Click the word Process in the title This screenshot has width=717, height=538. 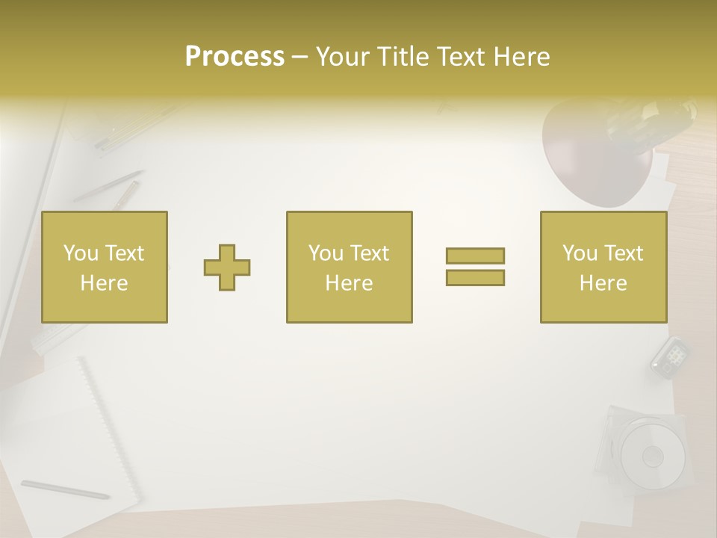tap(235, 57)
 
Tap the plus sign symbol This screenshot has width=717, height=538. tap(227, 268)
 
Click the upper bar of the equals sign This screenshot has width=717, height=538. tap(475, 256)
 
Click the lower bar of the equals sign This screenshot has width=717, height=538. tap(475, 278)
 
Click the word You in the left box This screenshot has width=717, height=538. tap(80, 253)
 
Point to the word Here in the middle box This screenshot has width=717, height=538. tap(349, 283)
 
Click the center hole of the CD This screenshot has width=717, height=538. tap(652, 455)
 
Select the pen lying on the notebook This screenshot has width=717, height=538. tap(65, 489)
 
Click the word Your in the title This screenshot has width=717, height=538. tap(344, 57)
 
